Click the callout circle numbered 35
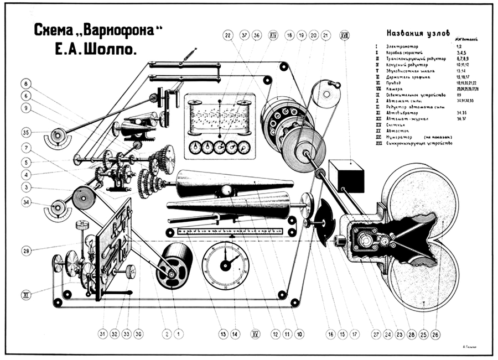(26, 132)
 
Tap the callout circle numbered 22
(228, 35)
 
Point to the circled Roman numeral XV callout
(255, 333)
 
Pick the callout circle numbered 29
(26, 251)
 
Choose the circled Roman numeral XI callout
(26, 294)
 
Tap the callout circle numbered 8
(26, 84)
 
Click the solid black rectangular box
(346, 176)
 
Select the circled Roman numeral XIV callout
(273, 35)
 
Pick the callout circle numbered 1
(179, 333)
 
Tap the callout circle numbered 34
(26, 202)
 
